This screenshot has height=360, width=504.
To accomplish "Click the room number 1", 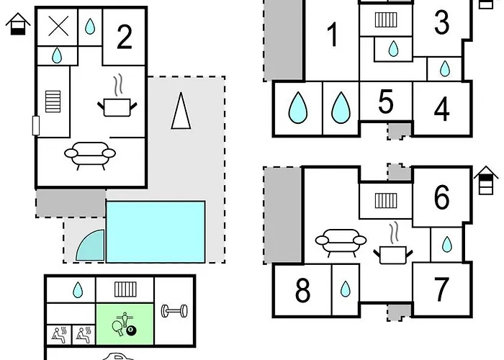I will pos(332,35).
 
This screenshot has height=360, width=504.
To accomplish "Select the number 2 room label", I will pos(125,37).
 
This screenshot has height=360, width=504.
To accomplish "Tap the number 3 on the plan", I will pos(441,23).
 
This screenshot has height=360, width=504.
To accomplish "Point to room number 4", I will pos(441,109).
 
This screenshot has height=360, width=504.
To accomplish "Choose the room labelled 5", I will pos(386,103).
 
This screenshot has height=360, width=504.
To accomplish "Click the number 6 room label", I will pos(441,197).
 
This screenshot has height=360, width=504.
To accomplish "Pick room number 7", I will pos(441,289).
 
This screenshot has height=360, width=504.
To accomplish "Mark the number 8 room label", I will pos(302,291).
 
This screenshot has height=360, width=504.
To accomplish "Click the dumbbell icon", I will pos(174,311).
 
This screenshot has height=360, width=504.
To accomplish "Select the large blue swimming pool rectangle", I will pos(156,232).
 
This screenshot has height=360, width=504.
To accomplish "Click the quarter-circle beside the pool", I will pos(91,247).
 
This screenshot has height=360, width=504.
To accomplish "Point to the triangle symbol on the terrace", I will pos(181,112).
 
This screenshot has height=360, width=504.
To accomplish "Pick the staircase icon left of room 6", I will pos(385,199).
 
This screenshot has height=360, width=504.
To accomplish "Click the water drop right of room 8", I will pos(346,289).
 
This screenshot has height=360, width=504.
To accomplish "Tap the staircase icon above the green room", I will pos(125,289).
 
